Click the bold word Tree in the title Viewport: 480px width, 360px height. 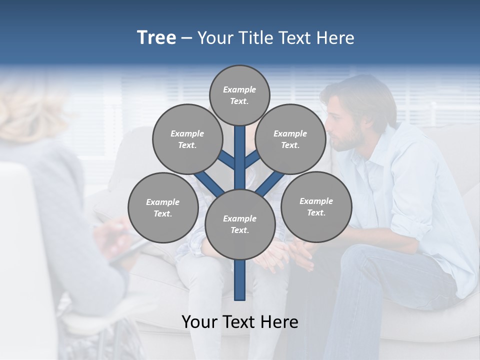pyautogui.click(x=156, y=38)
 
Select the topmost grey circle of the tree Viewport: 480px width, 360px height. pyautogui.click(x=239, y=95)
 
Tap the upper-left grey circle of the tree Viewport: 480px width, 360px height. pyautogui.click(x=187, y=139)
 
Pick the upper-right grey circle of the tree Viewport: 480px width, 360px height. pyautogui.click(x=290, y=139)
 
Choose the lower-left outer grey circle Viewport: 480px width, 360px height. pyautogui.click(x=162, y=207)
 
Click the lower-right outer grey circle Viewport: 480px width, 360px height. pyautogui.click(x=316, y=206)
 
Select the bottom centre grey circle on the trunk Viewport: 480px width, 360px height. pyautogui.click(x=239, y=224)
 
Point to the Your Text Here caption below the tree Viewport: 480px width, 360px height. pyautogui.click(x=239, y=322)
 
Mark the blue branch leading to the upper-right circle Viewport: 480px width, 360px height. pyautogui.click(x=252, y=159)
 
